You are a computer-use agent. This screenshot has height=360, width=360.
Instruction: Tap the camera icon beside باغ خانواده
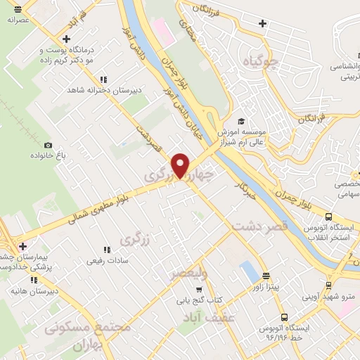[48, 145]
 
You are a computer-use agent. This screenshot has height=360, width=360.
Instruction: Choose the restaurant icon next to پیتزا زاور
[266, 276]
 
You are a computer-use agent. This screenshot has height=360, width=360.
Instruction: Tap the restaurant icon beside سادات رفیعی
[107, 250]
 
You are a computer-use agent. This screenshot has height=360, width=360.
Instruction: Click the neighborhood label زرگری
[136, 240]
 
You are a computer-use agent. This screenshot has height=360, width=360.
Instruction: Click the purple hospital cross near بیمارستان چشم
[23, 247]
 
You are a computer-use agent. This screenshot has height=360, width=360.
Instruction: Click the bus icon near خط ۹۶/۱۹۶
[284, 317]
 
